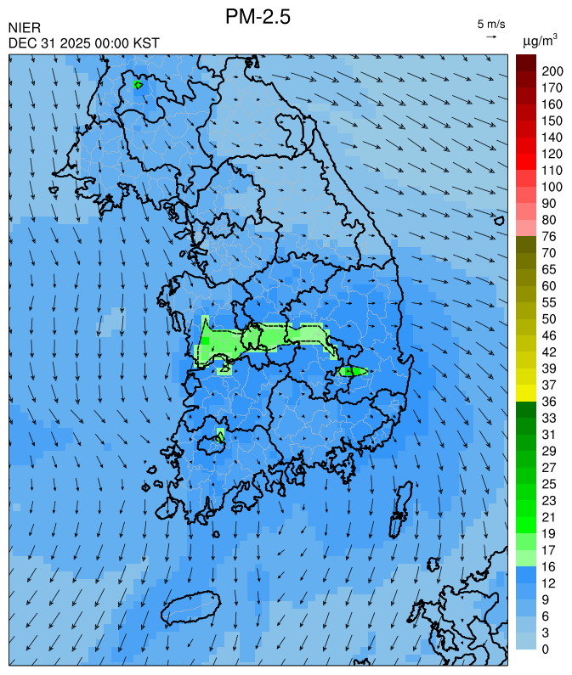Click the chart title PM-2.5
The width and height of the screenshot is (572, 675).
pos(258,16)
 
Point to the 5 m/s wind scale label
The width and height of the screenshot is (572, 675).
pos(491,23)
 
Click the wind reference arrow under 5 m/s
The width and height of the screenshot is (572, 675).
pos(491,37)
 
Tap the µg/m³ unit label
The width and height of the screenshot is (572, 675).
pos(541,40)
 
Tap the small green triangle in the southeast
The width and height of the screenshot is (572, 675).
pos(352,370)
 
